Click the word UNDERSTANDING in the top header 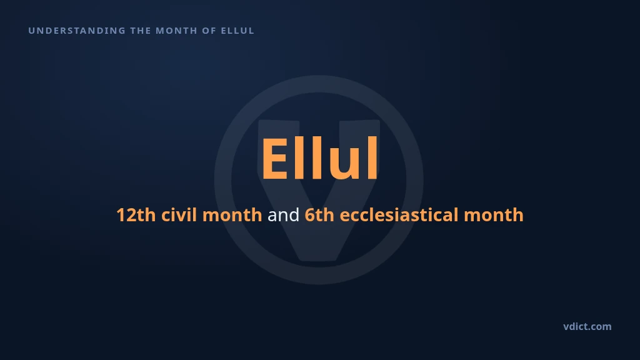pos(77,31)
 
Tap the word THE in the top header pos(141,31)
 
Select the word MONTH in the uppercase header pos(176,31)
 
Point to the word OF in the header pos(209,31)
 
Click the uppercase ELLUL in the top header pos(237,31)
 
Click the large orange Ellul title pos(319,158)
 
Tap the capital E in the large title pos(275,158)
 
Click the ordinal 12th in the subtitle pos(136,215)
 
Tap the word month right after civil pos(232,215)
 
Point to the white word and pos(283,215)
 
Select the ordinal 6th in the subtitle pos(319,215)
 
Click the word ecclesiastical pos(399,215)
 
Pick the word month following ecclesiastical pos(494,215)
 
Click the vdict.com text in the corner pos(587,326)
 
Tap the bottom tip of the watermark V pos(319,260)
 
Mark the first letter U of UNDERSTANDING pos(31,31)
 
